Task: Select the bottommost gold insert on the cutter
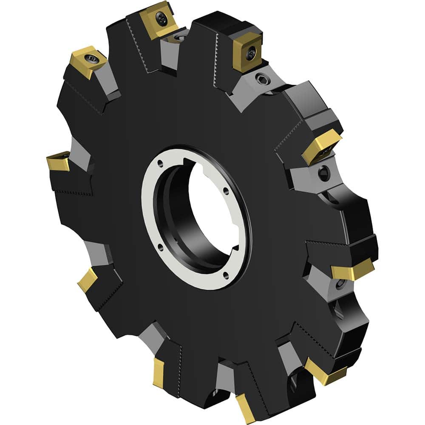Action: point(245,408)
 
